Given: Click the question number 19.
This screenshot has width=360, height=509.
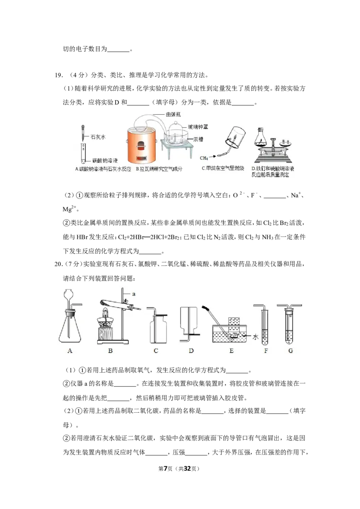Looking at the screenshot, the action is pyautogui.click(x=58, y=75).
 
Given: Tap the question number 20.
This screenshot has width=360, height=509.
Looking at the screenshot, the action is pyautogui.click(x=58, y=264).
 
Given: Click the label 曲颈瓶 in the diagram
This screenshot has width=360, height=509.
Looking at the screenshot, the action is pyautogui.click(x=174, y=114).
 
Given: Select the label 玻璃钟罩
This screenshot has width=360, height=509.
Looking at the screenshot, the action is pyautogui.click(x=198, y=127).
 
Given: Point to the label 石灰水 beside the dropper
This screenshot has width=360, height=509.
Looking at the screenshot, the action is pyautogui.click(x=98, y=137).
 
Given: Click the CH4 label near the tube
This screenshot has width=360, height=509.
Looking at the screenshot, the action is pyautogui.click(x=204, y=158).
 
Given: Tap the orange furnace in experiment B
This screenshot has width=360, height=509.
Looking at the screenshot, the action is pyautogui.click(x=142, y=146).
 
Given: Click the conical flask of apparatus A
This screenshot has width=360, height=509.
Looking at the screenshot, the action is pyautogui.click(x=70, y=327).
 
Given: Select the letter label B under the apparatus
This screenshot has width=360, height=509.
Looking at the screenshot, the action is pyautogui.click(x=110, y=351).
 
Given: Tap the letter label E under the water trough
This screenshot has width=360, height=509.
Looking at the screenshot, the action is pyautogui.click(x=231, y=351).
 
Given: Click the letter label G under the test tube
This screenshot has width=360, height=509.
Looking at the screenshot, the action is pyautogui.click(x=290, y=351).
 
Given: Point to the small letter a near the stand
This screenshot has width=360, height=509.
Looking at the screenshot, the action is pyautogui.click(x=134, y=294).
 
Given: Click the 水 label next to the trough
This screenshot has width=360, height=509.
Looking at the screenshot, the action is pyautogui.click(x=256, y=337).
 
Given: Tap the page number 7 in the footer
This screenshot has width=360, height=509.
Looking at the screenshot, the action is pyautogui.click(x=166, y=469).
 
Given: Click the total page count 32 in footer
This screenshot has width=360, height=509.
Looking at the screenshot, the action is pyautogui.click(x=187, y=469).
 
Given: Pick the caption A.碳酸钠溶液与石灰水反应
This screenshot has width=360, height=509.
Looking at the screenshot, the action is pyautogui.click(x=103, y=169).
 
